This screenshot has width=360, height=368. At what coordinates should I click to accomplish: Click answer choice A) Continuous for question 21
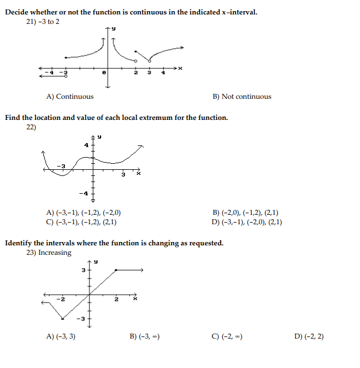pos(70,97)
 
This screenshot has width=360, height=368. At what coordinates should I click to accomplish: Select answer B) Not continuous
pos(242,97)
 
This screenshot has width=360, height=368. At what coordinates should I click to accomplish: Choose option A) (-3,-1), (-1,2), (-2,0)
pos(84,213)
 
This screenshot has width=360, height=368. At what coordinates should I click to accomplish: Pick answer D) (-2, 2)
pos(311,336)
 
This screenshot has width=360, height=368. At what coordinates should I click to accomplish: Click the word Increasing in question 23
pos(54,253)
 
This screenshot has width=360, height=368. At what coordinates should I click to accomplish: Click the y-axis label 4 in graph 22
pos(86,145)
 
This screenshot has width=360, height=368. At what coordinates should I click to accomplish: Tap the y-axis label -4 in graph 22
pos(83,193)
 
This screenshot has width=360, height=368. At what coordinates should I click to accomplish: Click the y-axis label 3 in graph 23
pos(83,270)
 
